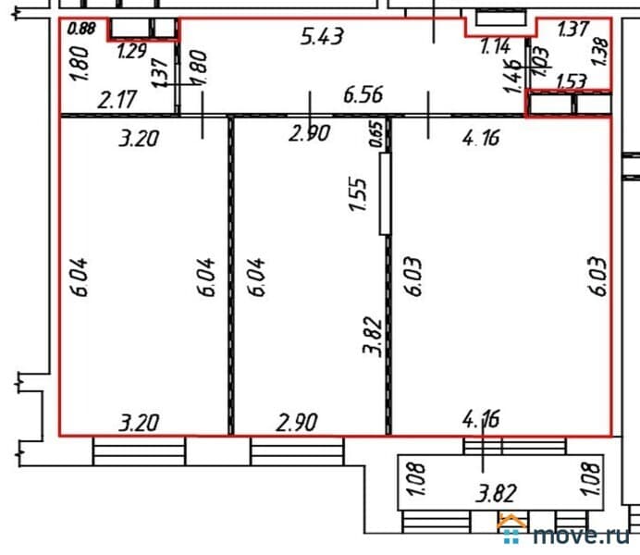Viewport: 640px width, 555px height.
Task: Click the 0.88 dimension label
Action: (x=81, y=29)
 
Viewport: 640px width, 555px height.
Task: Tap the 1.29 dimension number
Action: (x=132, y=51)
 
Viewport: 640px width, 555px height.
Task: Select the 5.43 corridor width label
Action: (x=322, y=36)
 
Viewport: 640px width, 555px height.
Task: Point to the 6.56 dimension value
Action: (x=363, y=95)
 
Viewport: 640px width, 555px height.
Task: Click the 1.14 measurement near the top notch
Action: (x=495, y=46)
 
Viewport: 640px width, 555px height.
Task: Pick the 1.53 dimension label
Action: (x=572, y=81)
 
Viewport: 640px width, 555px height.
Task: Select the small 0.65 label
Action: (x=376, y=134)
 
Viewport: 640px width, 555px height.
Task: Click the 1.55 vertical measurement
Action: (x=358, y=194)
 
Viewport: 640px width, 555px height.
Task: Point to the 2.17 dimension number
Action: (x=117, y=100)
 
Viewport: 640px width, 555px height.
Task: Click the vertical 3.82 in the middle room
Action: (x=373, y=337)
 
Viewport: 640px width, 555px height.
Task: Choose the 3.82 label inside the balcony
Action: (x=497, y=493)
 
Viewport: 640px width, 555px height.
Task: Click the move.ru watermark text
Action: (x=581, y=534)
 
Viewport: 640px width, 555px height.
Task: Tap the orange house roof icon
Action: (x=511, y=522)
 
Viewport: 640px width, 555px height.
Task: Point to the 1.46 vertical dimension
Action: (x=513, y=76)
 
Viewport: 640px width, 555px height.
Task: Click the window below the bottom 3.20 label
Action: (x=139, y=451)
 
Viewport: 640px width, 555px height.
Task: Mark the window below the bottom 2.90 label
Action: (x=297, y=451)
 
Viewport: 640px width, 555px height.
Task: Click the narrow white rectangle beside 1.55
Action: (x=385, y=194)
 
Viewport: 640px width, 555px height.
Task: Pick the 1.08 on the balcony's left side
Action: (x=417, y=479)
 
